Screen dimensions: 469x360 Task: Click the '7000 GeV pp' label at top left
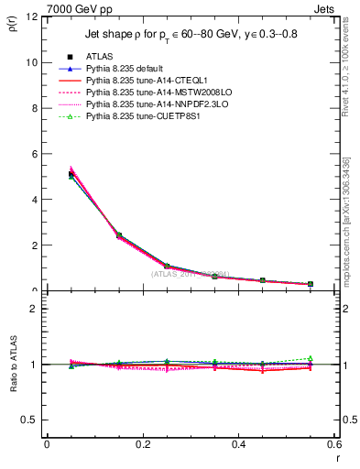[x=75, y=8]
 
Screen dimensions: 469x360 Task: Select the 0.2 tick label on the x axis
[x=142, y=443]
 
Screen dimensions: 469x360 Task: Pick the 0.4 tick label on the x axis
[x=238, y=443]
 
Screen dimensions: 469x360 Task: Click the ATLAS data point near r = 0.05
[x=71, y=173]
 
